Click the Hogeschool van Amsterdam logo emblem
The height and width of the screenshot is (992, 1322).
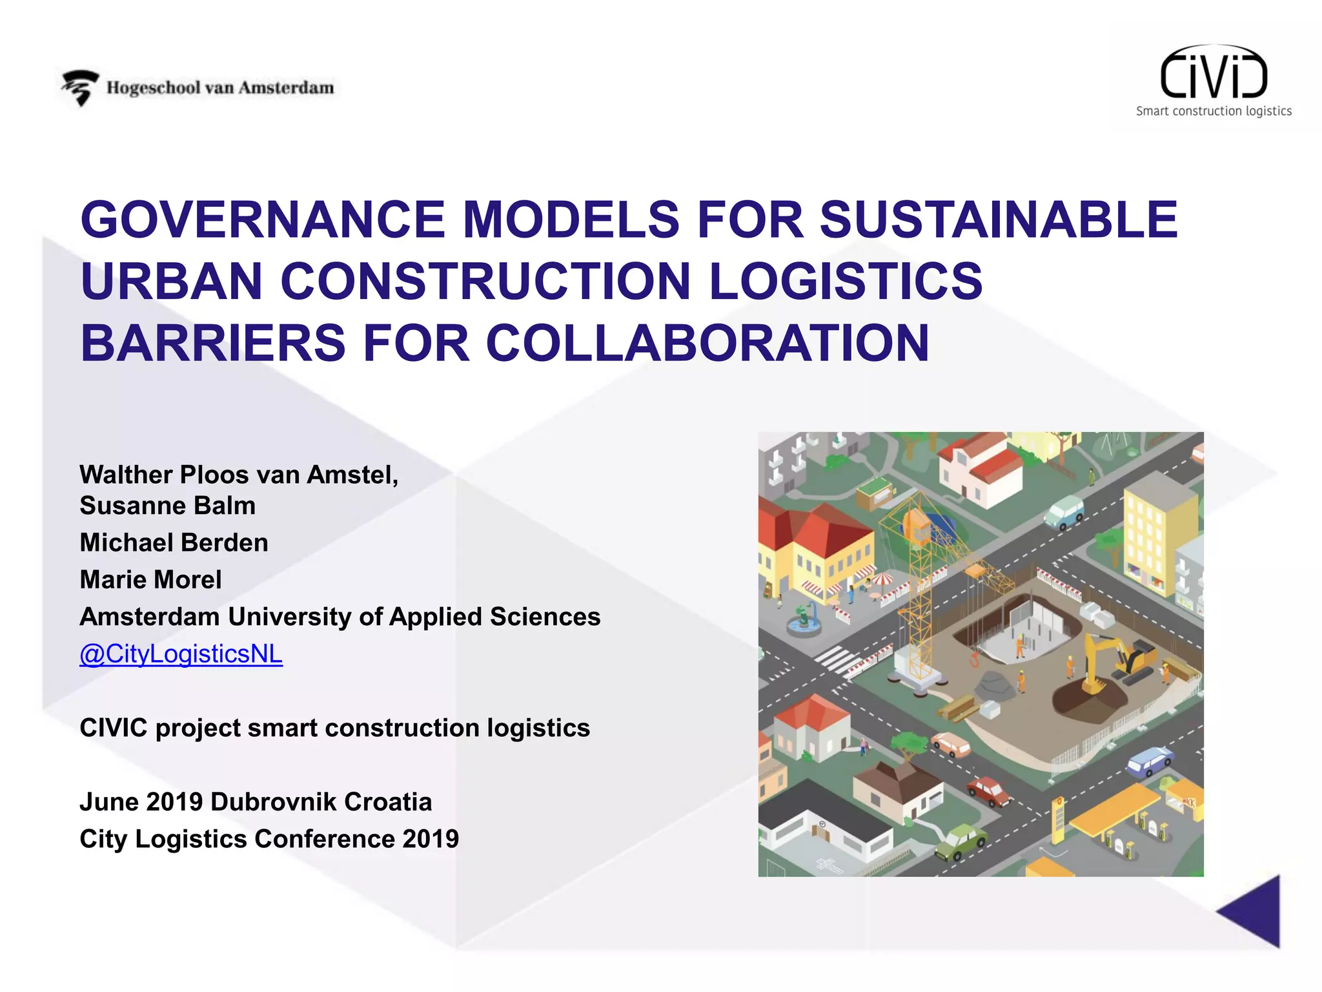[80, 88]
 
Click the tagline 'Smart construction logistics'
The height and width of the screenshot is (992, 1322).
[1214, 111]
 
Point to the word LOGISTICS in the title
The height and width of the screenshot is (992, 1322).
[846, 282]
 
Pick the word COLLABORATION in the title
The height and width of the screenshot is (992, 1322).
[707, 343]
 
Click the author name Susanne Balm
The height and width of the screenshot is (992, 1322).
[167, 506]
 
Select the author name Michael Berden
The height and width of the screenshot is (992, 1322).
[174, 542]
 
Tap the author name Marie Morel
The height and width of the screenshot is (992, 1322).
[150, 579]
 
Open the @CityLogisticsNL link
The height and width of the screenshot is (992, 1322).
[181, 654]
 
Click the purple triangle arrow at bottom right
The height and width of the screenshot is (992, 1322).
[1252, 911]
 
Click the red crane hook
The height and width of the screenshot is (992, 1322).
[974, 659]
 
